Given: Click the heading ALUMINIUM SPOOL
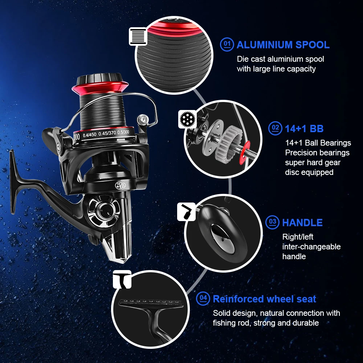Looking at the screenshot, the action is click(x=283, y=45).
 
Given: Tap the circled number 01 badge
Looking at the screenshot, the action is click(x=227, y=44).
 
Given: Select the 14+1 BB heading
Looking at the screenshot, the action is click(x=304, y=129).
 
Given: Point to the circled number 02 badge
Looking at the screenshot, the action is click(x=275, y=128).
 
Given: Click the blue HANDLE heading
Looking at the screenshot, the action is click(x=302, y=223).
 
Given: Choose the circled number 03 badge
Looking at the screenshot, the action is click(x=273, y=222).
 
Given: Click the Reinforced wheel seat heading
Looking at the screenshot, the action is click(x=264, y=299).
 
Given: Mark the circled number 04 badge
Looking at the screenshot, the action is click(x=203, y=298).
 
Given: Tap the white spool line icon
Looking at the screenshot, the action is click(x=138, y=36).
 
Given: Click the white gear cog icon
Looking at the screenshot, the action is click(x=187, y=119).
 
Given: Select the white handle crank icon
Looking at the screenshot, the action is click(x=186, y=212).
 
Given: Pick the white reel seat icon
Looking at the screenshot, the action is click(x=122, y=280).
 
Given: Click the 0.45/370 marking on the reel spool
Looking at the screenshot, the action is click(x=107, y=134).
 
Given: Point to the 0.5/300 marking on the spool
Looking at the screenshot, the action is click(x=123, y=132).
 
